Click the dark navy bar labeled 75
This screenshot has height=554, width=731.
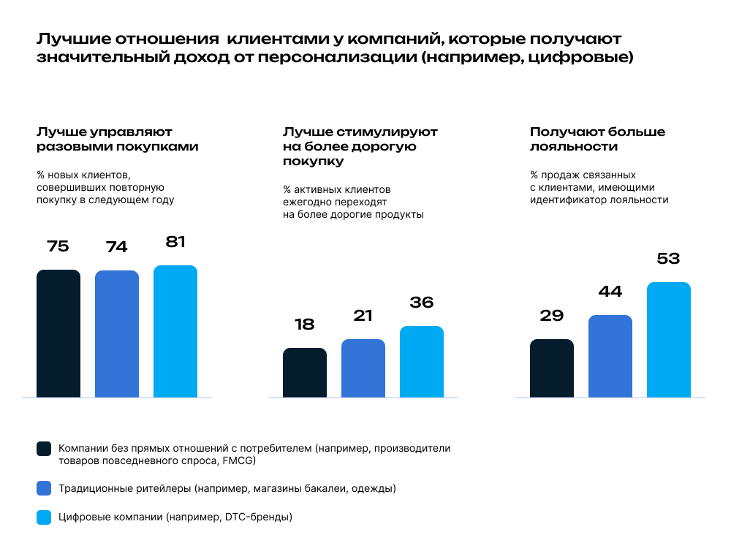(58, 333)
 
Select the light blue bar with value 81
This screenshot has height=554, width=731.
(175, 331)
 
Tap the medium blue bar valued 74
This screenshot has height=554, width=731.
(117, 334)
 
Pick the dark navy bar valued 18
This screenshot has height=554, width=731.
(305, 373)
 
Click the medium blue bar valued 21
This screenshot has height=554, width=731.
(363, 368)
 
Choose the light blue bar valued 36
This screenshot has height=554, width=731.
(422, 362)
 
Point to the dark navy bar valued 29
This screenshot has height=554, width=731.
(552, 368)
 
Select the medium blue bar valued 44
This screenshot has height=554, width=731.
(610, 356)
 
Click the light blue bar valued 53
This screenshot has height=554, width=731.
(669, 340)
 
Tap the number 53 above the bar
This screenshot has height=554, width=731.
(669, 259)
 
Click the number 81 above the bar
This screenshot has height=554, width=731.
(175, 242)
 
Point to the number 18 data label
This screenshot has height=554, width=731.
(305, 325)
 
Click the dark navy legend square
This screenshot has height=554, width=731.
(44, 449)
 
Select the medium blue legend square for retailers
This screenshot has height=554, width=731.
(44, 488)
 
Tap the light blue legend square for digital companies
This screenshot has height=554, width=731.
(44, 517)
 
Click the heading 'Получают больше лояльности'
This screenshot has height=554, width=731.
(597, 139)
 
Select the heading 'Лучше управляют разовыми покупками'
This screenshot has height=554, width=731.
(117, 139)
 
